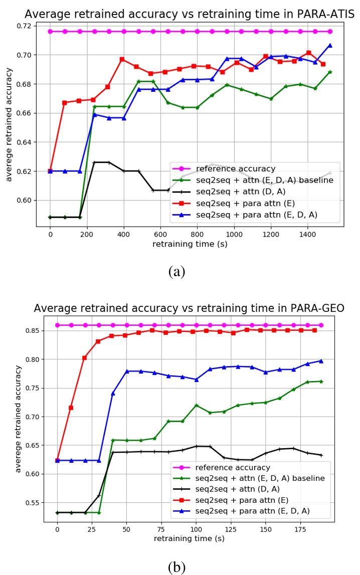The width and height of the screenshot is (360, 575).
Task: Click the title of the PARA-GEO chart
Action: pos(189,308)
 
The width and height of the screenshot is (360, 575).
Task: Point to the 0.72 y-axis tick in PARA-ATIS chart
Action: pos(24,26)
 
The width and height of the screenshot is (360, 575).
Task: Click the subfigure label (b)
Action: pos(177,567)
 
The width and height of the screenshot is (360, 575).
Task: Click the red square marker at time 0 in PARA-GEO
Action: pos(57,460)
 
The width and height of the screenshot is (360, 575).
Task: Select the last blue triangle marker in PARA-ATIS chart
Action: pos(330,45)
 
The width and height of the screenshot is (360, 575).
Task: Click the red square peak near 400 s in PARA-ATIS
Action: pos(122,59)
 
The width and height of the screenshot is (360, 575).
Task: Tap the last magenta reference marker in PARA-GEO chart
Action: pos(321,325)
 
